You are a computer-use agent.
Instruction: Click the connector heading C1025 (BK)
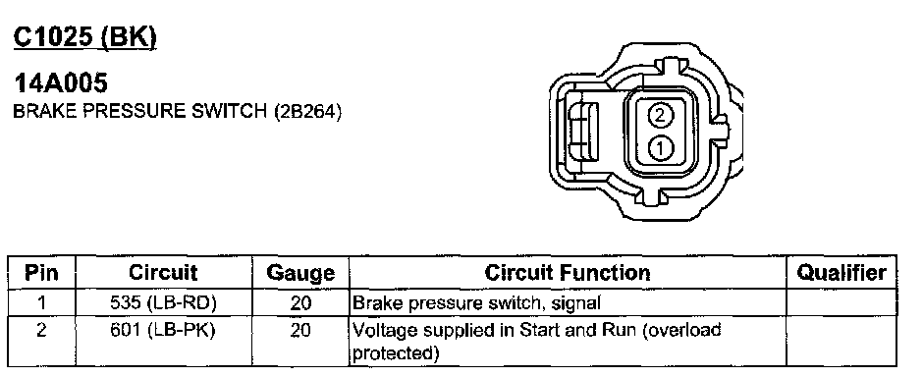pyautogui.click(x=85, y=37)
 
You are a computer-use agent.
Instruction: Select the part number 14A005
pyautogui.click(x=61, y=82)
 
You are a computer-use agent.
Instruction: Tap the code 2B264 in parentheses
pyautogui.click(x=307, y=112)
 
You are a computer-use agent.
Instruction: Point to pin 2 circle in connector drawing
pyautogui.click(x=660, y=115)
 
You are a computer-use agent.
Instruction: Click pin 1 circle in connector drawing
pyautogui.click(x=660, y=147)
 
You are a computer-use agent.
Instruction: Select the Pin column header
pyautogui.click(x=41, y=273)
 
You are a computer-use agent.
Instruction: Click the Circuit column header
pyautogui.click(x=163, y=273)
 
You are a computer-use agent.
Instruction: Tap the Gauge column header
pyautogui.click(x=300, y=274)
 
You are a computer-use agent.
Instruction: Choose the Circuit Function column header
pyautogui.click(x=568, y=273)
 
